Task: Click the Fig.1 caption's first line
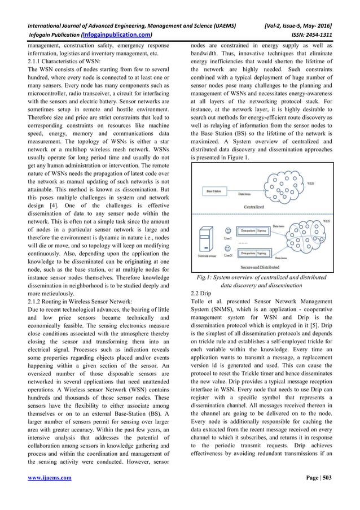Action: [x=262, y=277]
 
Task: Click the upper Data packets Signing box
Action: [x=253, y=230]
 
